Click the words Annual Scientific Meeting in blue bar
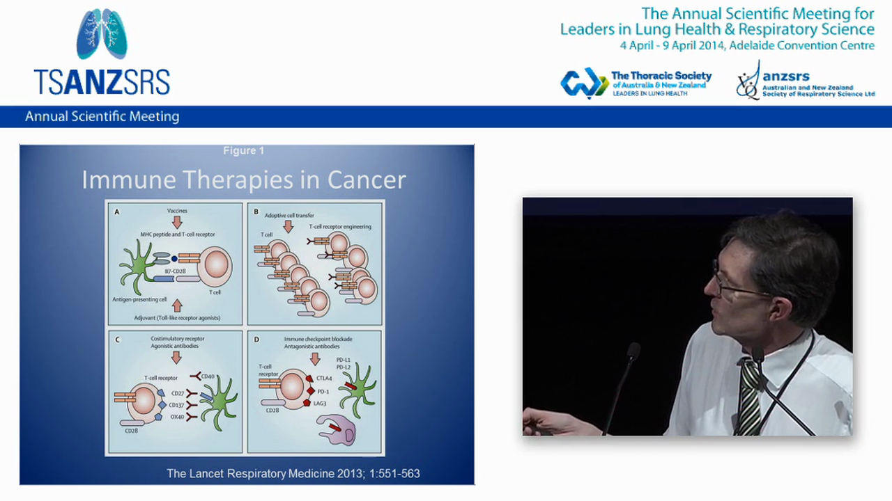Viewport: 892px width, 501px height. [102, 117]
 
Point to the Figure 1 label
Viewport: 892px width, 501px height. [243, 150]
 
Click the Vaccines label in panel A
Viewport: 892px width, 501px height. [177, 210]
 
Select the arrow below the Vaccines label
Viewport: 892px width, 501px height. [177, 222]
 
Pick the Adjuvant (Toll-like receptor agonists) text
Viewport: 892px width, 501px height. [177, 318]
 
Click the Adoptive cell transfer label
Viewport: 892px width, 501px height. [289, 215]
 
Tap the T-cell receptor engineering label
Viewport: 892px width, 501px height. [340, 227]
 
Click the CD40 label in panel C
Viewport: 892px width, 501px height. [208, 377]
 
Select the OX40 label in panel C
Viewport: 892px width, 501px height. [178, 416]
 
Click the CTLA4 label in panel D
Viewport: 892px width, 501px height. [324, 379]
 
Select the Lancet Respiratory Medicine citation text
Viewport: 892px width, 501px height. [293, 474]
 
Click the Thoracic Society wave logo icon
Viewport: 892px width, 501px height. [584, 83]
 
